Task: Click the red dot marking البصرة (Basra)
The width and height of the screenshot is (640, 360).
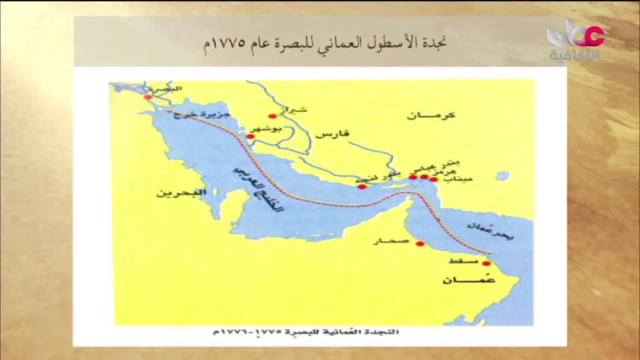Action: pyautogui.click(x=148, y=97)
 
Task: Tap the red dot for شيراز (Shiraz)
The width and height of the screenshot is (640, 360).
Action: pyautogui.click(x=272, y=116)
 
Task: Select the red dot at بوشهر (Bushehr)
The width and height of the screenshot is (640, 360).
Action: pyautogui.click(x=251, y=137)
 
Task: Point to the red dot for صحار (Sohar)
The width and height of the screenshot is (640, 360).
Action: pyautogui.click(x=420, y=243)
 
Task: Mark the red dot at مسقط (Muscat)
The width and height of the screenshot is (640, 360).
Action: pyautogui.click(x=486, y=263)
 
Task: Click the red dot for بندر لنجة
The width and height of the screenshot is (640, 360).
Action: pyautogui.click(x=362, y=187)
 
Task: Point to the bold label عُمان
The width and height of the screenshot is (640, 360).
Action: pyautogui.click(x=461, y=280)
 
